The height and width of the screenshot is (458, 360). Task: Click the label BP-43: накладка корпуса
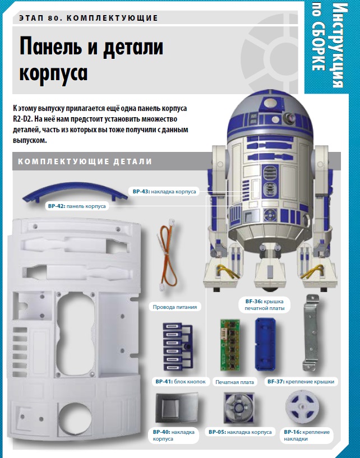(164, 192)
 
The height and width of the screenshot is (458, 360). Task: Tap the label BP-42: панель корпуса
(77, 206)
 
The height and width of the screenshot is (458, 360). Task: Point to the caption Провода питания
(175, 307)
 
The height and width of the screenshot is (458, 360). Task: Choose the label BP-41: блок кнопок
(181, 381)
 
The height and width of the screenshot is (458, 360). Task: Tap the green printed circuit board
(230, 345)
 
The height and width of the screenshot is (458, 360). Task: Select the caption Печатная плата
(234, 382)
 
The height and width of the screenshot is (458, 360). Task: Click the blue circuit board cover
(265, 344)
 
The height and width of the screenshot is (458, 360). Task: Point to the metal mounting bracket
(311, 332)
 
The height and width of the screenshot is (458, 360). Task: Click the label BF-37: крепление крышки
(301, 381)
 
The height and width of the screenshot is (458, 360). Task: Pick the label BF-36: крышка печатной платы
(265, 304)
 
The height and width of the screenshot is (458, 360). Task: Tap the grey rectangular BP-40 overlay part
(177, 408)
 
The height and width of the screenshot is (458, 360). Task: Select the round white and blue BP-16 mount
(301, 407)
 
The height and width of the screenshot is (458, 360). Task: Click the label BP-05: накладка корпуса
(240, 432)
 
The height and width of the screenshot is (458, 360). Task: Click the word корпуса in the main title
(53, 74)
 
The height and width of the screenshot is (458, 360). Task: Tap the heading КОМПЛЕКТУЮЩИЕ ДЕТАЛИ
(85, 161)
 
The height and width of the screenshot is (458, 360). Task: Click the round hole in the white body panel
(75, 415)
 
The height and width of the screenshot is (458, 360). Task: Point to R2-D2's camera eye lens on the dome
(292, 117)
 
